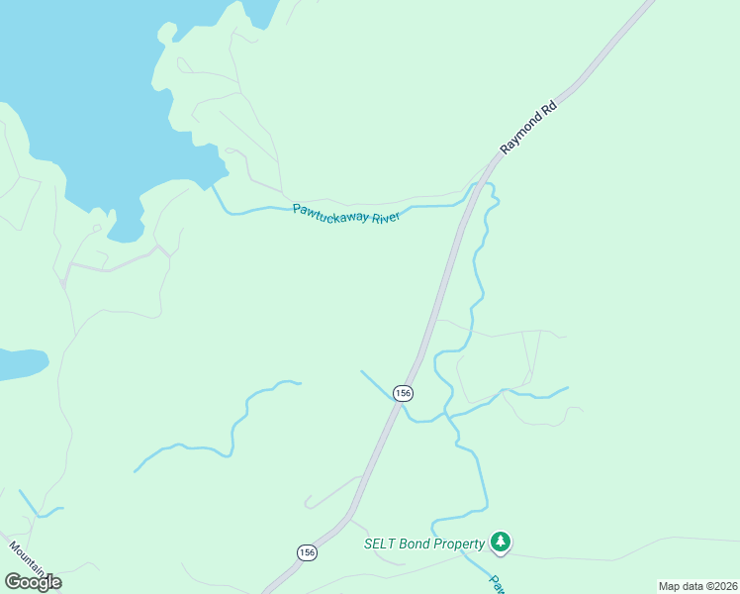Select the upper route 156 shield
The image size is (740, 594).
402,393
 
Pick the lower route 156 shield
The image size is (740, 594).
307,552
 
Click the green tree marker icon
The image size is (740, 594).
502,542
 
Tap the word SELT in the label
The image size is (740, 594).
381,544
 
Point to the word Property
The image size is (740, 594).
459,544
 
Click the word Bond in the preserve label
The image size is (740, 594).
416,544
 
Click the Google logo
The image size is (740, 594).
33,582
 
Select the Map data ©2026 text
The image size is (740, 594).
697,586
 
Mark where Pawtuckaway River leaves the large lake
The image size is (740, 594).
211,185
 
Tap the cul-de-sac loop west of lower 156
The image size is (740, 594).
310,502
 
